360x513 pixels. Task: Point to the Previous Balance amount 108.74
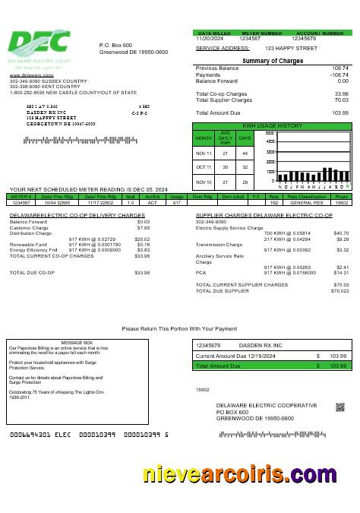[x=339, y=68]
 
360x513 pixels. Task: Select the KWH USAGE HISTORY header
[x=272, y=125]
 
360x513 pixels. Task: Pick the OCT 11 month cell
[x=204, y=166]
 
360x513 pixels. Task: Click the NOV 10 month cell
[x=204, y=182]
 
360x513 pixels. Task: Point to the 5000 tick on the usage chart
[x=270, y=134]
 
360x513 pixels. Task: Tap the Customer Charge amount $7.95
[x=143, y=227]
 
